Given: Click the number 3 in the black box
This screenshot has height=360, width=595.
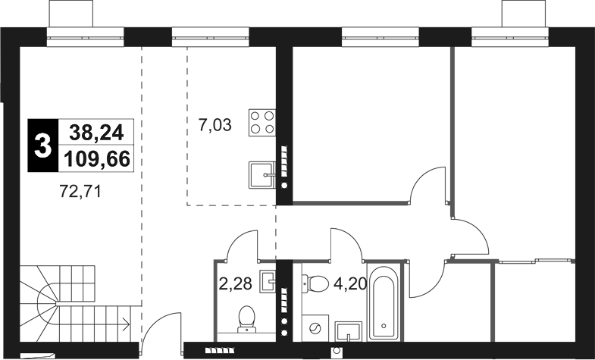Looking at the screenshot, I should (42, 144).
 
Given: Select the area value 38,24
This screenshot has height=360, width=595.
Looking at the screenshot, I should (96, 133).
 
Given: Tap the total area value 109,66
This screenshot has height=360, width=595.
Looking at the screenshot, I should (96, 158).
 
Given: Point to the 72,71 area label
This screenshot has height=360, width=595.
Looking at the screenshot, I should (80, 192).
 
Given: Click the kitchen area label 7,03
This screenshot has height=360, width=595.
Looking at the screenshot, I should (215, 125).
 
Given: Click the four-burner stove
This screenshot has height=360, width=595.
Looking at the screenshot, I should (264, 124).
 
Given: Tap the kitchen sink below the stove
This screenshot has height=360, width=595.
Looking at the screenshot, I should (262, 175).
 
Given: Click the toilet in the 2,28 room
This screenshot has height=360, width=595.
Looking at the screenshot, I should (247, 318).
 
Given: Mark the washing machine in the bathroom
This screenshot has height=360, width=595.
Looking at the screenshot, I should (317, 328).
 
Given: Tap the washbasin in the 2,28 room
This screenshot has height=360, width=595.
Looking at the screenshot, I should (268, 280).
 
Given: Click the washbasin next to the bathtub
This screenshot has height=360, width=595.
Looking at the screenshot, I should (349, 330).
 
